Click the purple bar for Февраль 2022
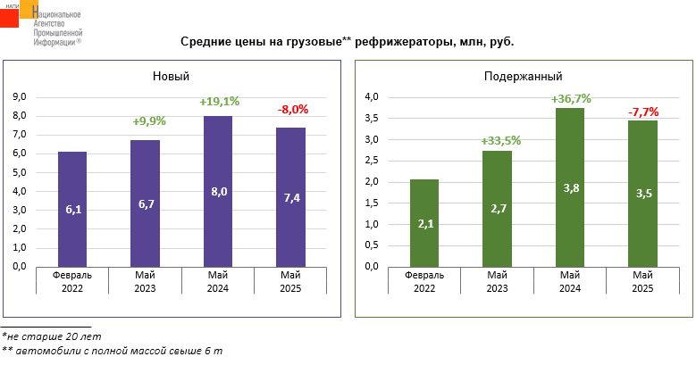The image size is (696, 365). point(72,209)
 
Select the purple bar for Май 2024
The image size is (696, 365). point(218,191)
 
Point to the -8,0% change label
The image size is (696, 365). point(293,110)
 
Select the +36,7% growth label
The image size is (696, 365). point(571,98)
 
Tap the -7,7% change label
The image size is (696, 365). point(643,112)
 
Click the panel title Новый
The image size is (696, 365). point(171,76)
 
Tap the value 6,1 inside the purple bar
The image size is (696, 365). point(73,210)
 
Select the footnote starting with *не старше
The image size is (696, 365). point(51,336)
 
